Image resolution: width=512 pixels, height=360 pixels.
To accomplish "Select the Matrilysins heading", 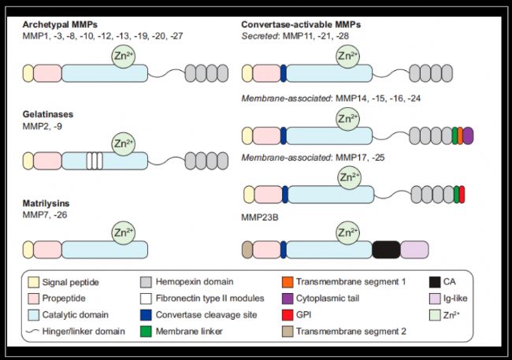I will point(49,203).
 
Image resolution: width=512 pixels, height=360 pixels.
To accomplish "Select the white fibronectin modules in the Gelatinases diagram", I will point(95,161).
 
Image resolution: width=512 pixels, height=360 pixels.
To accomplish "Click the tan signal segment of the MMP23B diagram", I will point(247,250).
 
